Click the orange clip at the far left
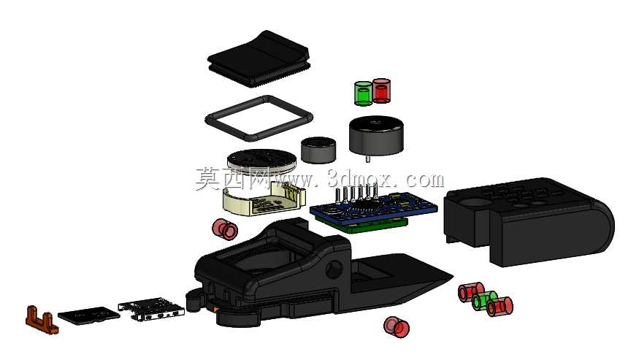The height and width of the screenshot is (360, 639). [42, 320]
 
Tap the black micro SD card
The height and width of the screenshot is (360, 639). [89, 315]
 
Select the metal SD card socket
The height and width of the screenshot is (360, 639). [150, 309]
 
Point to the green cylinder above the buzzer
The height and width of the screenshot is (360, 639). [363, 93]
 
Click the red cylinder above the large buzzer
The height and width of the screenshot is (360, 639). [381, 91]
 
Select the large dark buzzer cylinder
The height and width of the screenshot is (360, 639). [376, 135]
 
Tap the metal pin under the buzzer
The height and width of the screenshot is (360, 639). [367, 158]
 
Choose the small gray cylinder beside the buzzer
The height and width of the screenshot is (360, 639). [318, 150]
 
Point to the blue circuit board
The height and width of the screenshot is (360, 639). [373, 209]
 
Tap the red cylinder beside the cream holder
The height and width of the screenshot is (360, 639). [225, 229]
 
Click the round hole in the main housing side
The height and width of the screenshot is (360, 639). [334, 269]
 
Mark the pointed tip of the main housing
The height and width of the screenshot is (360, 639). [451, 277]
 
